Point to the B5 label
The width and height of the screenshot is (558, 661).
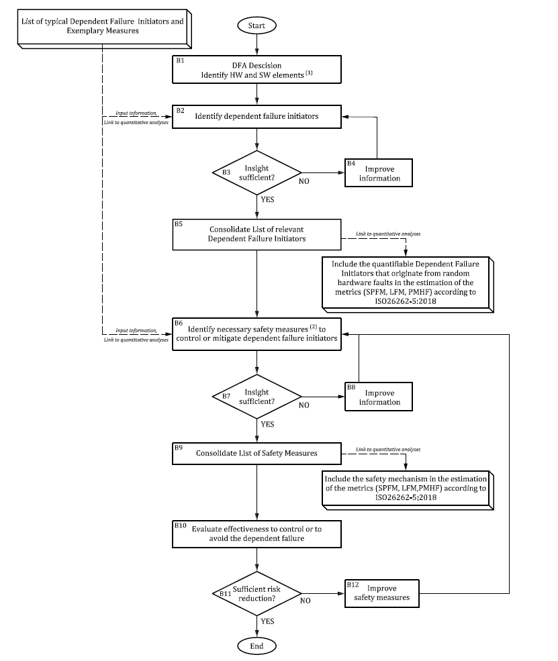click(x=179, y=223)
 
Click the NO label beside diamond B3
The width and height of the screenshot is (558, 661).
click(x=304, y=181)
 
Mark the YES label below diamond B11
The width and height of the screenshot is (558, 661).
click(x=268, y=621)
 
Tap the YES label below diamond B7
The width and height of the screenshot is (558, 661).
click(x=268, y=425)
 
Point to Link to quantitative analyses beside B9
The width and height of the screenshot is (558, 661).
click(x=383, y=448)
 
